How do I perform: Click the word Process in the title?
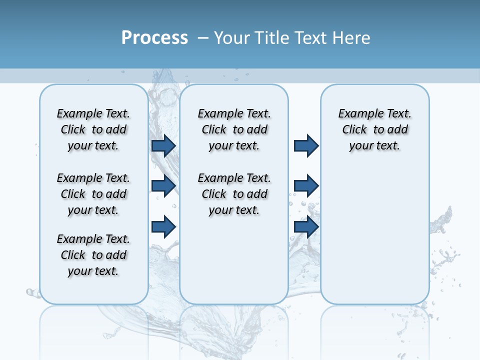pos(154,37)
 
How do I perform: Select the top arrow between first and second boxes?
pos(163,145)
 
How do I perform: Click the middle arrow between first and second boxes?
pos(163,186)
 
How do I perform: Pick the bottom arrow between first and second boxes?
pos(163,226)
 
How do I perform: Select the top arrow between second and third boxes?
pos(306,145)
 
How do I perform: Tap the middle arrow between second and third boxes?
pos(306,186)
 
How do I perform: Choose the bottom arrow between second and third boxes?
pos(306,226)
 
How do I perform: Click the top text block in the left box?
pos(93,129)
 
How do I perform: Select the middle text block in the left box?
pos(93,194)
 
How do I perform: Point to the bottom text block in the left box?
pos(93,255)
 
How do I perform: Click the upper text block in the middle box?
pos(234,129)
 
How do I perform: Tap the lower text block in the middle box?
pos(234,194)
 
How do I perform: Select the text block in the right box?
pos(374,129)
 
